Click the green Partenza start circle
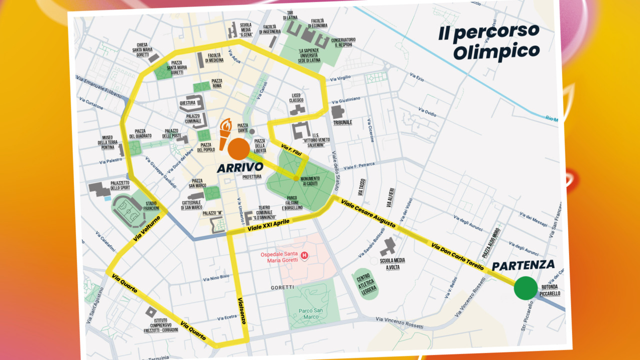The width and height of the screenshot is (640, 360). click(525, 288)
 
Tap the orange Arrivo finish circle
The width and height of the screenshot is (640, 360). click(238, 149)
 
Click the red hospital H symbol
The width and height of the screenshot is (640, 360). click(304, 256)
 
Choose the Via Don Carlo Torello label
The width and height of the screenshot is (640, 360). click(457, 254)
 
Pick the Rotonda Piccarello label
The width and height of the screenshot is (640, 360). click(549, 290)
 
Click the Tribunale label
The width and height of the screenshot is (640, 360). click(343, 122)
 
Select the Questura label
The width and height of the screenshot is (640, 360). click(187, 103)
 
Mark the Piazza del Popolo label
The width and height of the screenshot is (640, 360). click(205, 147)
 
